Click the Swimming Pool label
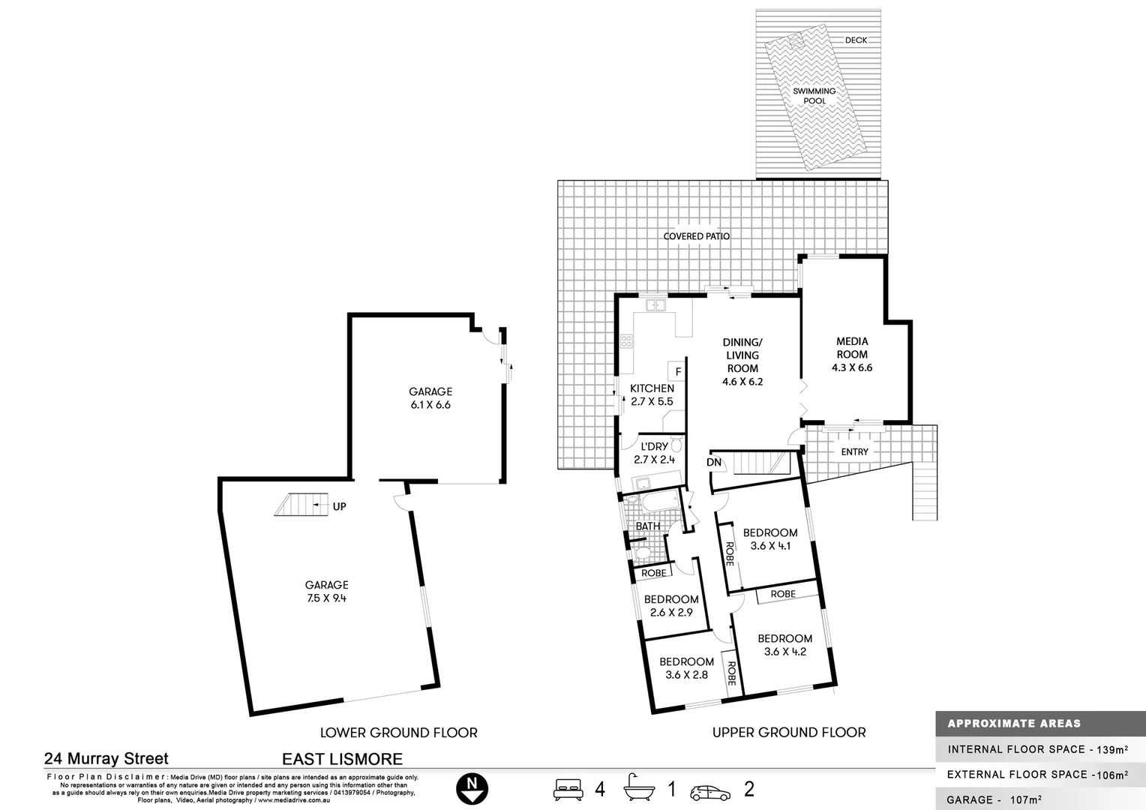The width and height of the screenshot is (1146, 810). [814, 96]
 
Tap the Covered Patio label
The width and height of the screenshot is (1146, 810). [696, 236]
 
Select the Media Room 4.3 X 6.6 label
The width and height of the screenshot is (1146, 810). [852, 355]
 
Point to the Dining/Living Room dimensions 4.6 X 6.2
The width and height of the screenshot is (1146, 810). [742, 382]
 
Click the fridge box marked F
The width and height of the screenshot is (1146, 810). [678, 371]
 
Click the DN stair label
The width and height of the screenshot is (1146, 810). [714, 462]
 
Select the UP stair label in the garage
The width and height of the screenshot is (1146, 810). [339, 506]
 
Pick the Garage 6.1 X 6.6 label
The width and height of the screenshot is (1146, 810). [430, 398]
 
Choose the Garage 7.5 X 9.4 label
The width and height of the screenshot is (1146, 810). [326, 592]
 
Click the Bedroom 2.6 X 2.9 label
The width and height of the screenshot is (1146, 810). [671, 606]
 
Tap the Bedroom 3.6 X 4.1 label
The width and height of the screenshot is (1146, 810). [770, 539]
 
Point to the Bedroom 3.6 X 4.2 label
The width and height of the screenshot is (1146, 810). [785, 645]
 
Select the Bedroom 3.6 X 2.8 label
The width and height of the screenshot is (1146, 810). [687, 667]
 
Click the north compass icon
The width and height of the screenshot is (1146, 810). [472, 789]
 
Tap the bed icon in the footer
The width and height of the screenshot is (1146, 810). [568, 789]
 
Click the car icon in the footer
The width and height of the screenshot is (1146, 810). [710, 791]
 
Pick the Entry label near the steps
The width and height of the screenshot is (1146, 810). [854, 452]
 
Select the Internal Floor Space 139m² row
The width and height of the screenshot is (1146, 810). [1039, 749]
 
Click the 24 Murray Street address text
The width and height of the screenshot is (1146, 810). [106, 759]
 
